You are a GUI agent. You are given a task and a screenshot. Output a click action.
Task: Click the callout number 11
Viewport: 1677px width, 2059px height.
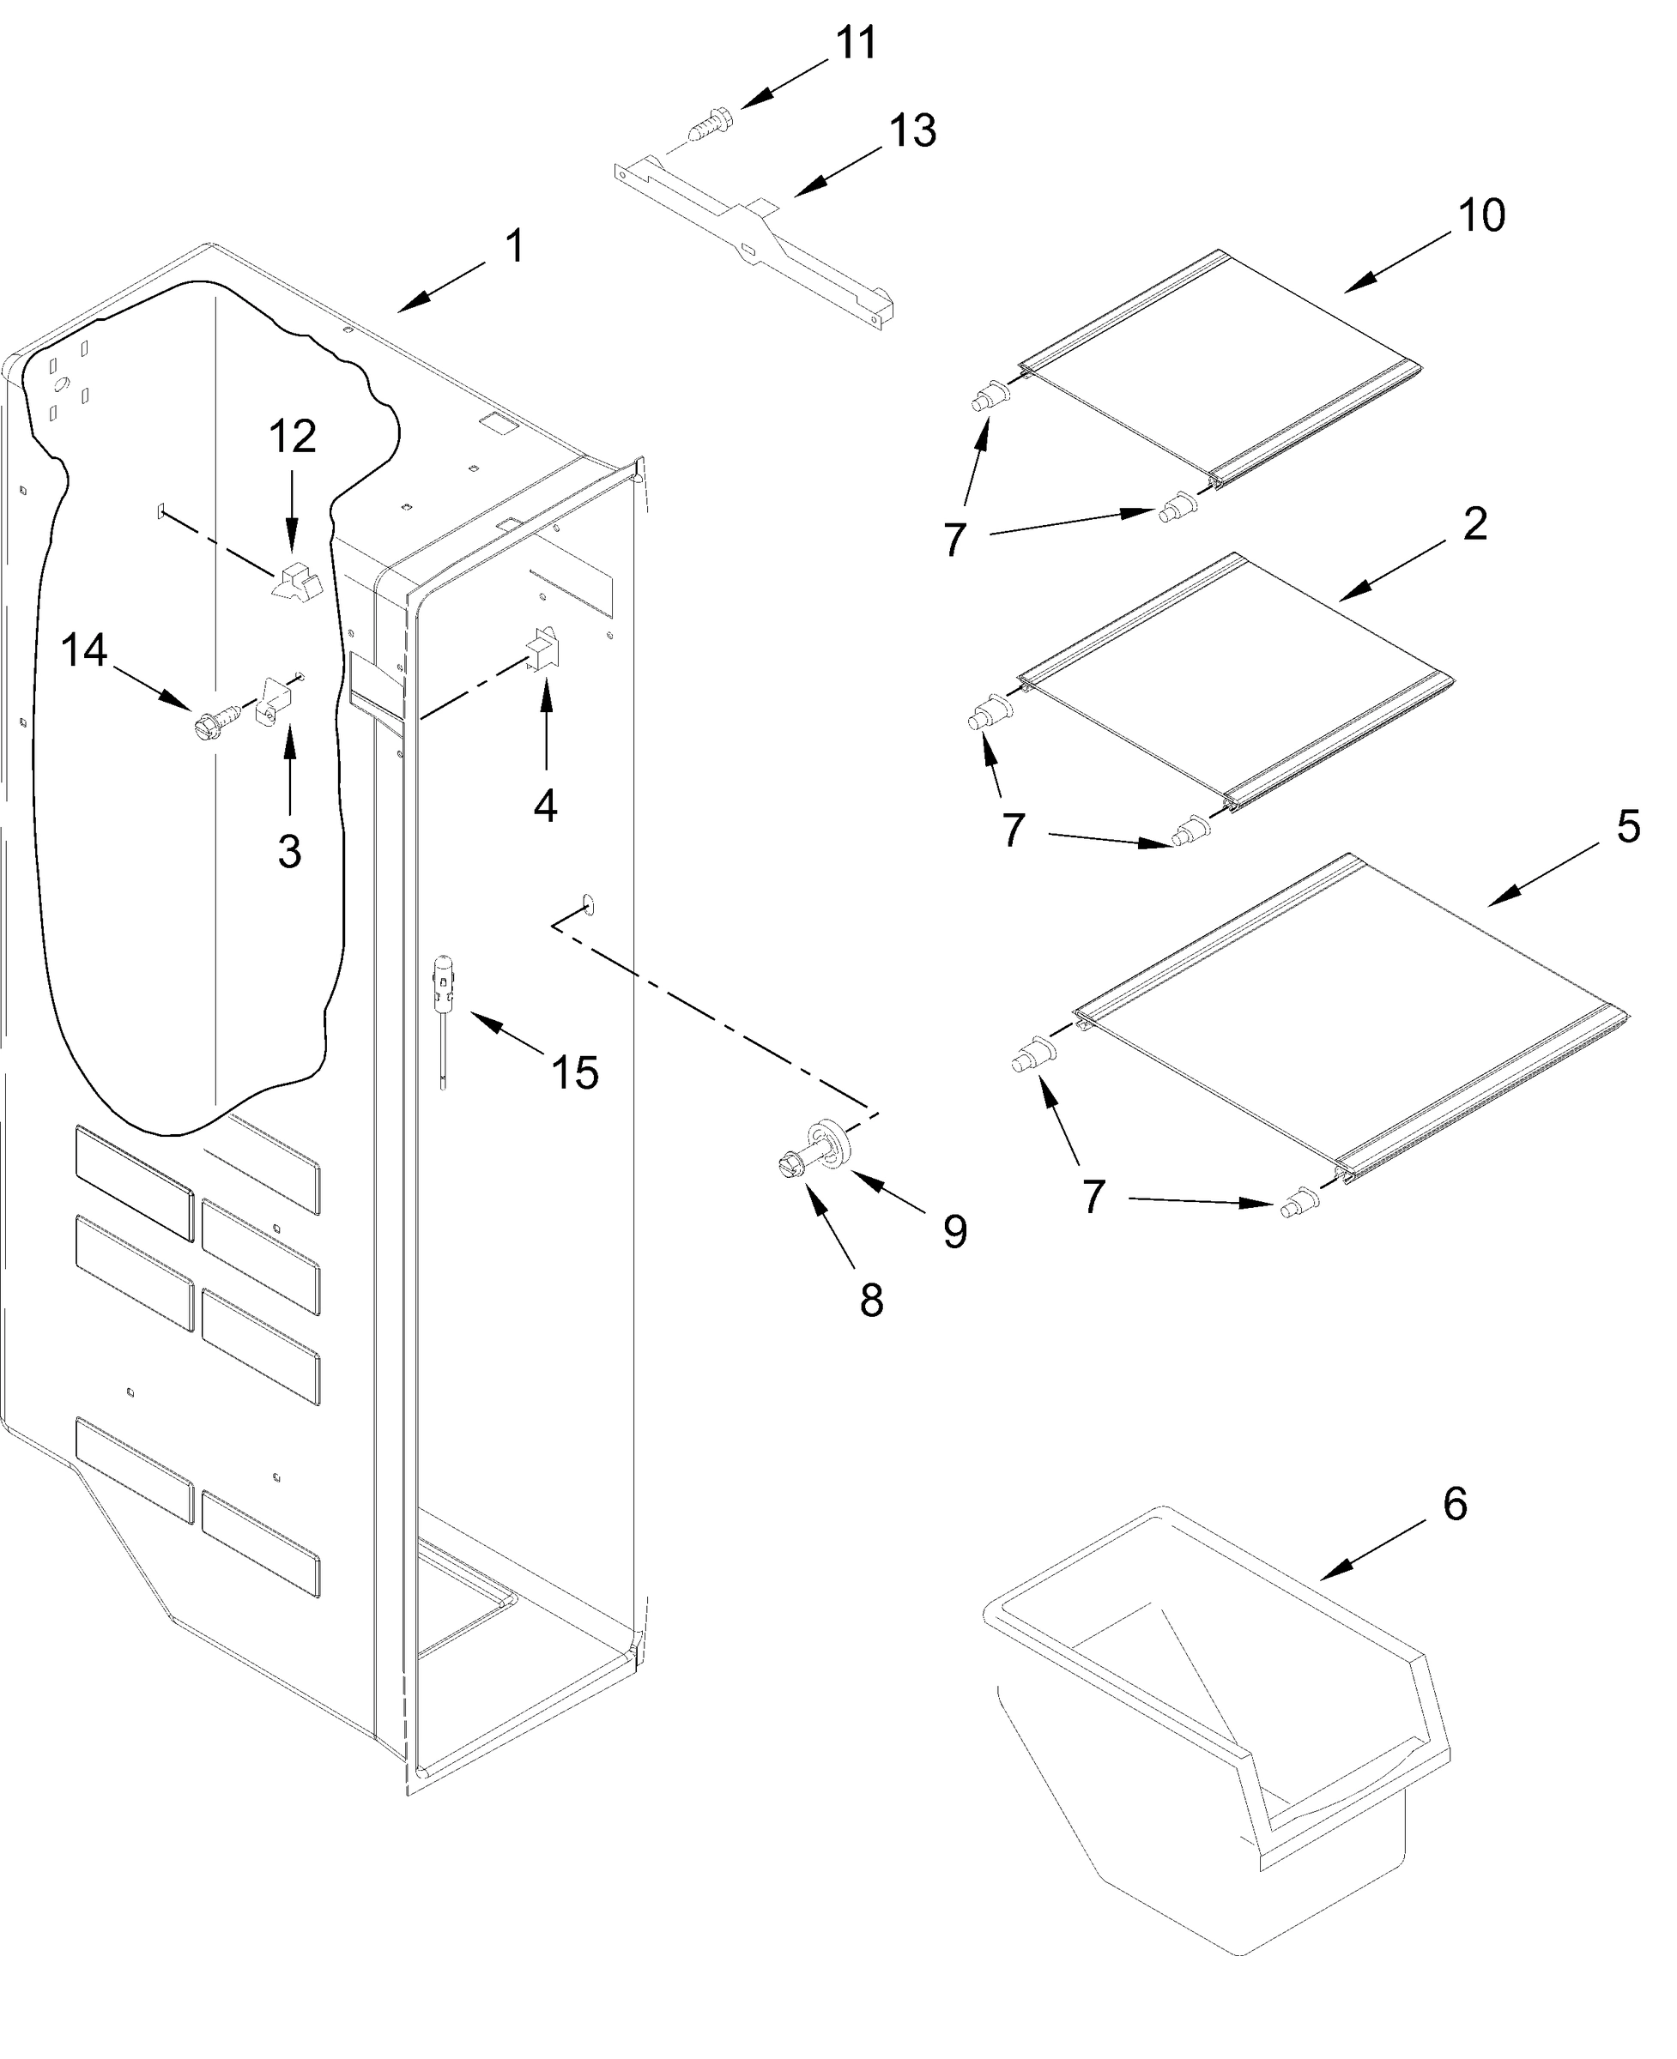coord(856,44)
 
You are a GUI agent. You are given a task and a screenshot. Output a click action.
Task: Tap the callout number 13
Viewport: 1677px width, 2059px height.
coord(912,131)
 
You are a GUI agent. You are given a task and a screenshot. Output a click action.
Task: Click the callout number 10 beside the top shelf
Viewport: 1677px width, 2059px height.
coord(1480,215)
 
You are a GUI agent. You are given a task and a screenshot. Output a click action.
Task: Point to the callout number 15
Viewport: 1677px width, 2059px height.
coord(575,1072)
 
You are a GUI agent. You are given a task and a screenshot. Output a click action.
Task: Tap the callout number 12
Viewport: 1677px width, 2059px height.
coord(292,438)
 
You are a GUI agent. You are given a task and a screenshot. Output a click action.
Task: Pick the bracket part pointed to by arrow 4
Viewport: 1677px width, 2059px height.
coord(543,648)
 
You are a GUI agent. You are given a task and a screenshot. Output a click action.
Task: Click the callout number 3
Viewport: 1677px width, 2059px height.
coord(289,852)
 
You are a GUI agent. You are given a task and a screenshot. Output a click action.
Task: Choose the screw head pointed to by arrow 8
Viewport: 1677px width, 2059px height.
coord(790,1167)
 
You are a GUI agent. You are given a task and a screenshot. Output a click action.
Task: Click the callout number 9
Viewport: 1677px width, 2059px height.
coord(954,1231)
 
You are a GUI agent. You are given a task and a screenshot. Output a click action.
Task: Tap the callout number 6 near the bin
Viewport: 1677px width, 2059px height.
coord(1455,1505)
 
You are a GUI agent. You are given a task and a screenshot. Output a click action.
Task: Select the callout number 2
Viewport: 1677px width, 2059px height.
coord(1474,523)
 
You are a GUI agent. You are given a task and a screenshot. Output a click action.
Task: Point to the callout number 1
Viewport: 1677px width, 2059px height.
coord(515,246)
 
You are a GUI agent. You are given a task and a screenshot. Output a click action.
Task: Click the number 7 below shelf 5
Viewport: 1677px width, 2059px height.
coord(1093,1199)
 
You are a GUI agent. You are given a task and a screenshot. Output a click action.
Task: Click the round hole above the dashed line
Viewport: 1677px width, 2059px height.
coord(588,905)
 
